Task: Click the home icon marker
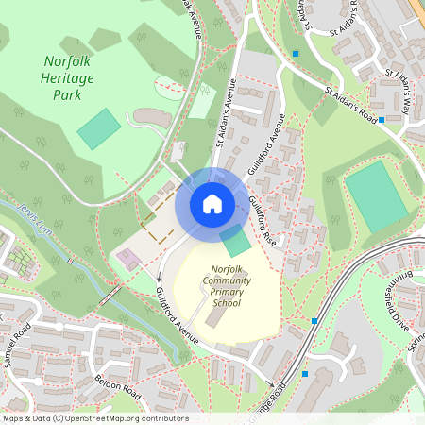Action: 212,203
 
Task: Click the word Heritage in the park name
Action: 68,79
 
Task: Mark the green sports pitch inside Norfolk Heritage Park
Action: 98,128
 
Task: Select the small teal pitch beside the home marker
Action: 237,241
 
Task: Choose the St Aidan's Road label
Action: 350,107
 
